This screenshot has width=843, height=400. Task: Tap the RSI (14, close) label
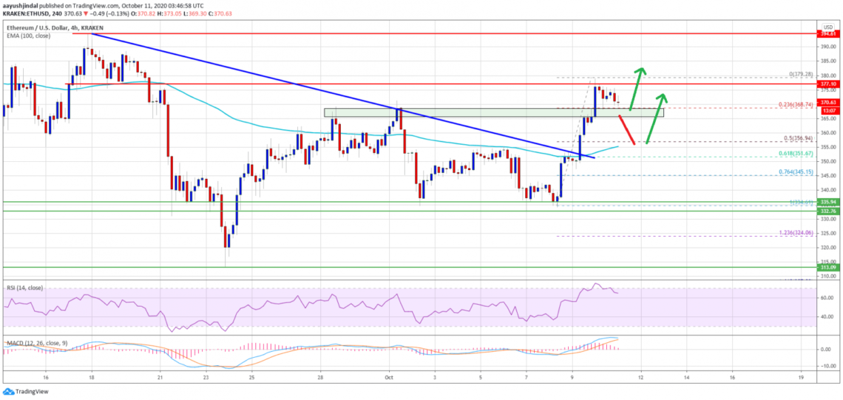(x=25, y=285)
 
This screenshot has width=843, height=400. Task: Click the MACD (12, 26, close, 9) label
(x=35, y=342)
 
